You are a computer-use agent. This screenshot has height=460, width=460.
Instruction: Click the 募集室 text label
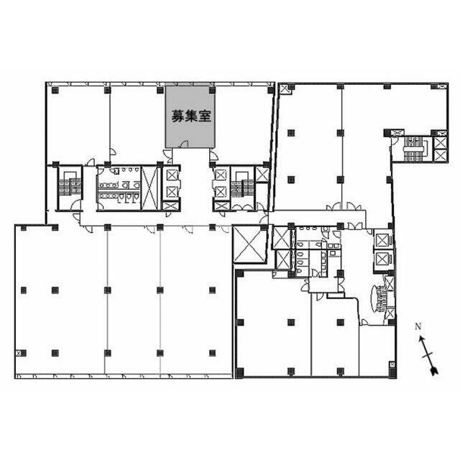coord(191,116)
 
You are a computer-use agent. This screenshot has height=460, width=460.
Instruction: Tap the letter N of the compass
coord(418,326)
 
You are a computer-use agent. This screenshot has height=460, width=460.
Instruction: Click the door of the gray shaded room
coord(184,144)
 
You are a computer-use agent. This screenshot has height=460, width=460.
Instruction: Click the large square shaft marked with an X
coord(249,244)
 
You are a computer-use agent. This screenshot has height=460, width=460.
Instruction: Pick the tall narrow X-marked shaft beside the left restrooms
coord(149,188)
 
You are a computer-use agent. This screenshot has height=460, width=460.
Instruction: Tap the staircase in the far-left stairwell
coord(70,186)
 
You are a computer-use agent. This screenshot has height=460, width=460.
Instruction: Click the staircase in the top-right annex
coord(415,149)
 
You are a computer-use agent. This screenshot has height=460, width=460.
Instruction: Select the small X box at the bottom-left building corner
coord(19,353)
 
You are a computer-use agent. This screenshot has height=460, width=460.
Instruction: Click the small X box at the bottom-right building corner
coord(392,364)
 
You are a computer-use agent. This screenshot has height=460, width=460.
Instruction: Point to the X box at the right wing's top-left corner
coord(285,89)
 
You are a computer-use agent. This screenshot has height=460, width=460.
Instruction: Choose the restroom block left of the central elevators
coord(119,188)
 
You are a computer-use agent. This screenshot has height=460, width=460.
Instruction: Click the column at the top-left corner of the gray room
coord(160,90)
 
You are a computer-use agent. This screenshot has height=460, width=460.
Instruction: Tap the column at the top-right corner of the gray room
coord(212,90)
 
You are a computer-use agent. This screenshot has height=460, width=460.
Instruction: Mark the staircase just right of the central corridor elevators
coord(242,187)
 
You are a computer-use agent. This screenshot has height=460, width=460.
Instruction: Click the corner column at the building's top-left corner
coord(55,90)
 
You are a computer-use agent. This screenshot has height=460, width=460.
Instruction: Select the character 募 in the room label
coord(178,116)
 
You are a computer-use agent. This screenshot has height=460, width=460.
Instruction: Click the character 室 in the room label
coord(205,116)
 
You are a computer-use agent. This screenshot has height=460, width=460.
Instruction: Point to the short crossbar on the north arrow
coord(428,355)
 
